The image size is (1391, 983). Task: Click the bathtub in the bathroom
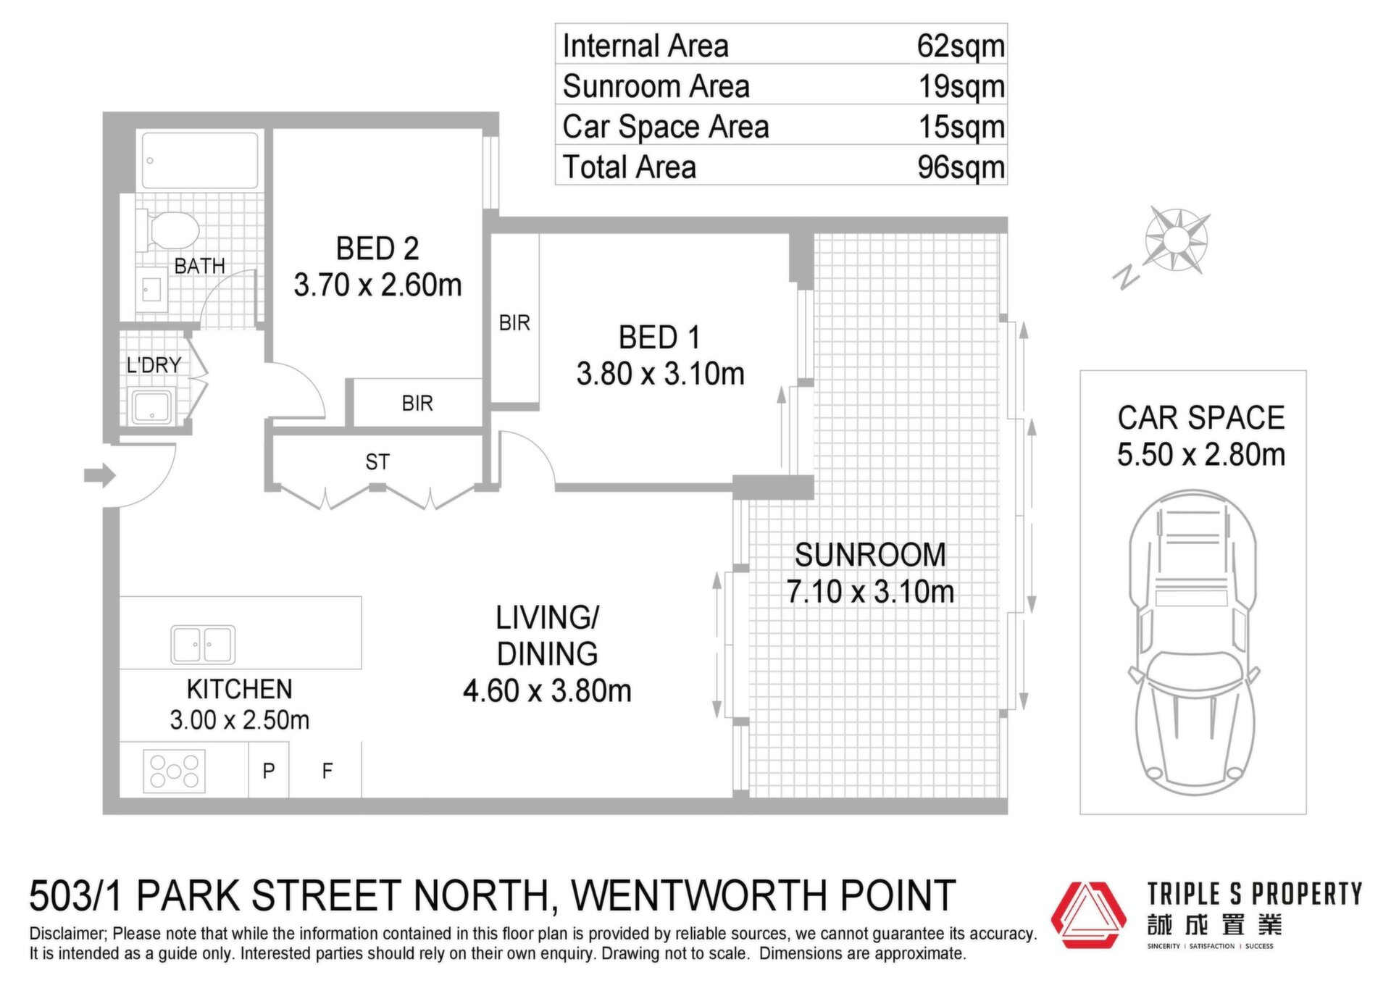pos(200,160)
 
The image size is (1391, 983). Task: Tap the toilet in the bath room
pos(168,230)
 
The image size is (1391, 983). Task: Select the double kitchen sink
pos(203,644)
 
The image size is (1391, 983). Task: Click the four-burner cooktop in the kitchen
pos(175,771)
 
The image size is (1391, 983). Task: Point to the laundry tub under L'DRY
pos(152,406)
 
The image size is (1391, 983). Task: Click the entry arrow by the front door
pos(100,475)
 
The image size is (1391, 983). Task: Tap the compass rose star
pos(1177,240)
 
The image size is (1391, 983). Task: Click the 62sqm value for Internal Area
pos(961,46)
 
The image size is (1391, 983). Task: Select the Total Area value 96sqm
pos(961,167)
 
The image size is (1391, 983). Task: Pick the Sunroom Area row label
pos(656,86)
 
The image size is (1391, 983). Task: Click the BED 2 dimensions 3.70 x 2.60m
pos(377,285)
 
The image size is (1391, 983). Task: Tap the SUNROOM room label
pos(870,555)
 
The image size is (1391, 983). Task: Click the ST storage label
pos(377,461)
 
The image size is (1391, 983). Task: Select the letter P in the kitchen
pos(269,771)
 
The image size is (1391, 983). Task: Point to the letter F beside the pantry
pos(327,771)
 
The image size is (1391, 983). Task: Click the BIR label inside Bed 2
pos(417,403)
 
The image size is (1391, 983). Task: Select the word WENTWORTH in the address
pos(701,895)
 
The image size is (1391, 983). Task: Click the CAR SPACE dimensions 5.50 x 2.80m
pos(1201,455)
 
